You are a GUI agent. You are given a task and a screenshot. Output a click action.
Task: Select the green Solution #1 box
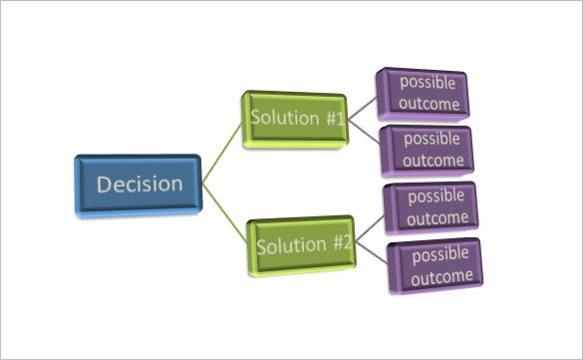click(x=296, y=119)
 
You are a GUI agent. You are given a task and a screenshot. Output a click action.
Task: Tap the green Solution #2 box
click(x=303, y=244)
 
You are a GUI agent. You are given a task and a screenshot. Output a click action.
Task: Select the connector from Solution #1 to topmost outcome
click(x=364, y=106)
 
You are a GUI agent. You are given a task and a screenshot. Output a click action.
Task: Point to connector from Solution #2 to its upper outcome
click(x=370, y=228)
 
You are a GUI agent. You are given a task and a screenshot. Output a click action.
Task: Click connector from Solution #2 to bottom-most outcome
click(x=371, y=254)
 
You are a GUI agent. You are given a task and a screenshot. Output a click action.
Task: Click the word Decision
click(x=140, y=184)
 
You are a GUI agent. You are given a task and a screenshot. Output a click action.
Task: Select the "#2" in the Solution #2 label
click(x=342, y=244)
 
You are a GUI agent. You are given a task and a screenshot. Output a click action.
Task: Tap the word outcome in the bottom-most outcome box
click(x=439, y=275)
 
